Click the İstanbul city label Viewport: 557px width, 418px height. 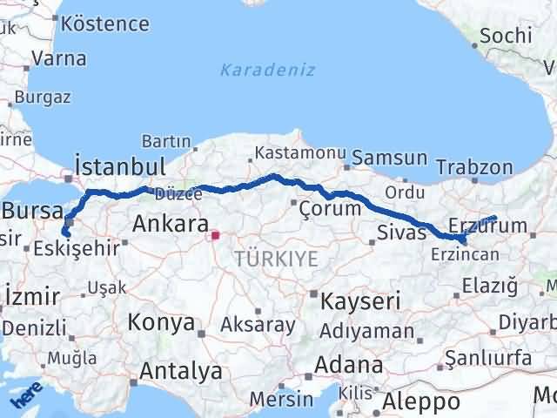coord(121,165)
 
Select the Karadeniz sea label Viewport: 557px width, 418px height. coord(267,70)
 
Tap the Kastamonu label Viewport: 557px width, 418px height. coord(292,153)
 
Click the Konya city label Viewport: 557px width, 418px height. coord(161,323)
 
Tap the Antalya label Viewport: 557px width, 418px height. coord(180,372)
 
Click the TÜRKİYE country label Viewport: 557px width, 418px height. coord(276,258)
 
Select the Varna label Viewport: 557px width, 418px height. coord(57,59)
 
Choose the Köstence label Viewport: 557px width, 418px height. coord(106,23)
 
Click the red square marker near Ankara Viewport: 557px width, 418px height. coord(215,234)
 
